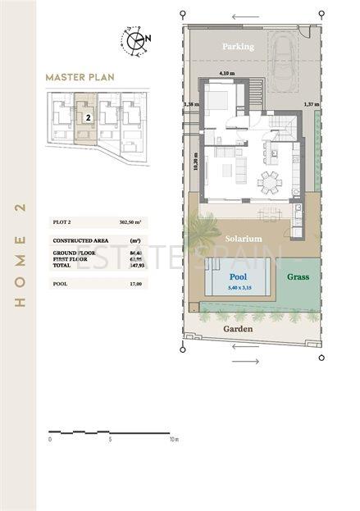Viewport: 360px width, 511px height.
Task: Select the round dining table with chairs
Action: (268, 180)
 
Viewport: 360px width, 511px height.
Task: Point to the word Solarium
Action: (243, 238)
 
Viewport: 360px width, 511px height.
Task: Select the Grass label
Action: (298, 277)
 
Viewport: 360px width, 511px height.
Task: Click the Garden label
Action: (239, 329)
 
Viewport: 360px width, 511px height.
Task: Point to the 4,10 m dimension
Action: (226, 72)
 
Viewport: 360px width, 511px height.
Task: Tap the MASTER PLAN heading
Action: (80, 78)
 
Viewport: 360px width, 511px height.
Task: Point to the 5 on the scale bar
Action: (110, 439)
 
